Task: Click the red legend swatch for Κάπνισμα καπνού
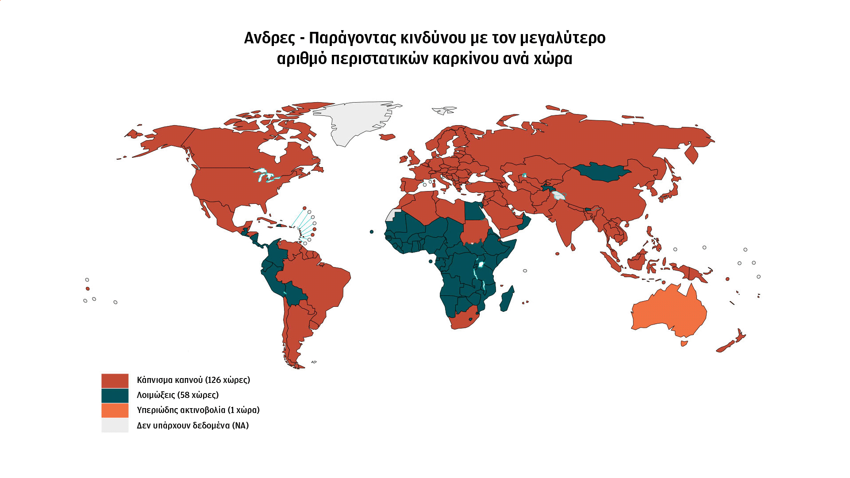pos(115,381)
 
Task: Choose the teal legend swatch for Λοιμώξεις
pos(115,396)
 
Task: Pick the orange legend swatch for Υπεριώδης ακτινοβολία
pos(115,411)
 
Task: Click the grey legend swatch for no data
pos(115,426)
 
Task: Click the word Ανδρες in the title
pos(269,38)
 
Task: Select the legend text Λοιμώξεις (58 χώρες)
pos(177,395)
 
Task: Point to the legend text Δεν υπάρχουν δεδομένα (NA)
pos(192,426)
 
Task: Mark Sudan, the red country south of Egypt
pos(476,232)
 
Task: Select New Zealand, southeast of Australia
pos(732,342)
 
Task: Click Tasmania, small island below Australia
pos(684,343)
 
